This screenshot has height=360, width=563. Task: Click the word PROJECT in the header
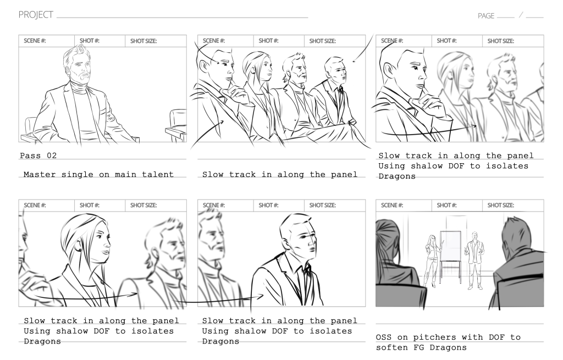pos(36,15)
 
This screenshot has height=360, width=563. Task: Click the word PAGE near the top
pos(485,16)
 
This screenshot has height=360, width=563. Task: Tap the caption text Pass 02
pos(38,156)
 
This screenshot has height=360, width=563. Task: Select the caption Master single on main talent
pos(98,175)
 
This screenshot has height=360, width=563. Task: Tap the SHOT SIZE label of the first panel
pos(143,41)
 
